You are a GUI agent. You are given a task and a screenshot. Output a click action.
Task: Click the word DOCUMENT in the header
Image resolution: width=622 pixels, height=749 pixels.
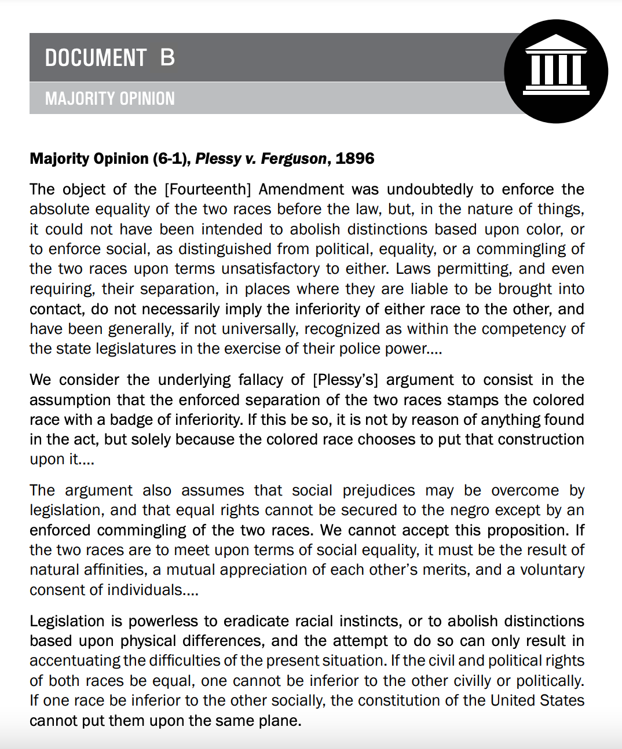(x=96, y=58)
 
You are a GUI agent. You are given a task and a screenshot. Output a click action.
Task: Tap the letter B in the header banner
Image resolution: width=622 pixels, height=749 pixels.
(x=167, y=57)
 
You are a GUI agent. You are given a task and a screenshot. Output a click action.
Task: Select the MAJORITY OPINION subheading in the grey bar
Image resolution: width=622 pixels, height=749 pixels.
(x=110, y=98)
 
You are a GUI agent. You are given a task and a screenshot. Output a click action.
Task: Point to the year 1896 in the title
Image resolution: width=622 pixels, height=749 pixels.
(x=354, y=159)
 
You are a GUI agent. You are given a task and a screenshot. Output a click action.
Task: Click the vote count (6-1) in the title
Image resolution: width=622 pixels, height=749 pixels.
(x=171, y=159)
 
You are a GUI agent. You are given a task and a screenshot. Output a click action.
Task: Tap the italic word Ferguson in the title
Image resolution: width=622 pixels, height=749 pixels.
(x=293, y=159)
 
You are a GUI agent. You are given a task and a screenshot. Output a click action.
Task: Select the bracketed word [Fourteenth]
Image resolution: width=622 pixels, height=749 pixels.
(x=208, y=189)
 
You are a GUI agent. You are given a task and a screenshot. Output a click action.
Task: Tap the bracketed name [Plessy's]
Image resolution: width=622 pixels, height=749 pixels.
(x=345, y=380)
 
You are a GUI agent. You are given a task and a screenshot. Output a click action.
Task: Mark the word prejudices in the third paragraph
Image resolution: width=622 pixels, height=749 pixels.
(x=379, y=490)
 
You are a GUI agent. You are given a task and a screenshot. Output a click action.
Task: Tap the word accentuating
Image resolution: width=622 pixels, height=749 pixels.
(x=75, y=660)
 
